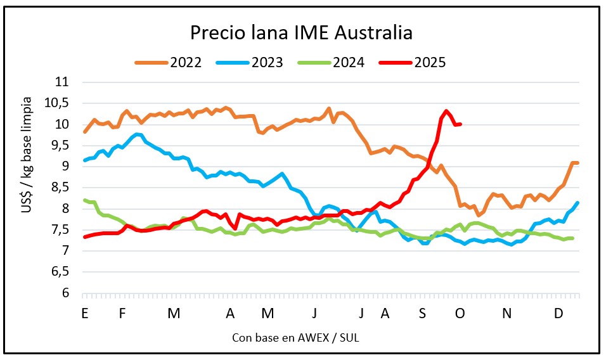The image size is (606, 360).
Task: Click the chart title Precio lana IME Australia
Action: click(x=302, y=32)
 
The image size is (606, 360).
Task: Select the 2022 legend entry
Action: click(x=185, y=62)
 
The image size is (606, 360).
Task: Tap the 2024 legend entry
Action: click(x=348, y=62)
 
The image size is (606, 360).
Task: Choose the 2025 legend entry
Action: click(x=430, y=62)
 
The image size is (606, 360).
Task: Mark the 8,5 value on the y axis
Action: click(x=62, y=188)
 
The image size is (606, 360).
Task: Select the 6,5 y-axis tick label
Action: click(x=62, y=272)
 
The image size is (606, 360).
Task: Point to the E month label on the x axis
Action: click(x=84, y=314)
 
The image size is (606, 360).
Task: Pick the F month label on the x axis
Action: click(x=122, y=314)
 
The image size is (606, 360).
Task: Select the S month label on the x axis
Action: click(x=423, y=314)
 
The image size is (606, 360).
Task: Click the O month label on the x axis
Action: click(x=461, y=314)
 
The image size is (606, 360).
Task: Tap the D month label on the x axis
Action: click(x=558, y=314)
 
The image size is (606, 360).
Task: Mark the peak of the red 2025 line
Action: click(x=446, y=111)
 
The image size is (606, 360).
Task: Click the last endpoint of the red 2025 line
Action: click(x=460, y=124)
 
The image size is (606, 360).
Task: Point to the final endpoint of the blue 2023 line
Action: click(x=578, y=203)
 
